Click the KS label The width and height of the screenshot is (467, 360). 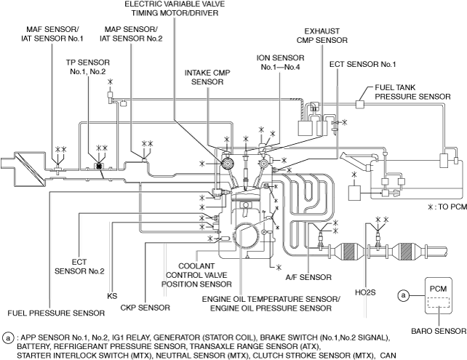(112, 296)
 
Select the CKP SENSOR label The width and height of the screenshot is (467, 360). (145, 308)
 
